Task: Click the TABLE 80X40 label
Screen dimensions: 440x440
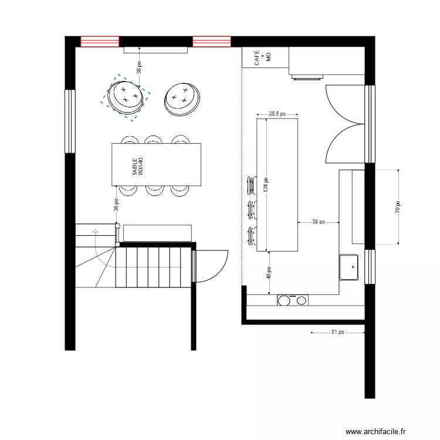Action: (x=137, y=167)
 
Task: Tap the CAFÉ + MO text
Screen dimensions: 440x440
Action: (x=262, y=57)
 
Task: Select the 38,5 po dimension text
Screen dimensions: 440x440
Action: (x=277, y=114)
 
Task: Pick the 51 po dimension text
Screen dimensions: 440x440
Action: (x=337, y=332)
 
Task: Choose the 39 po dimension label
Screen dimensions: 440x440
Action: (x=319, y=222)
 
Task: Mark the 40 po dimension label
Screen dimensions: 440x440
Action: (x=269, y=272)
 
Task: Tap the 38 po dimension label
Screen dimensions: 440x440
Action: (x=140, y=67)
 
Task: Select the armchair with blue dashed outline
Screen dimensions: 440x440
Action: (x=126, y=97)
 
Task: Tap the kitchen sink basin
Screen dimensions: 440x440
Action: (x=350, y=267)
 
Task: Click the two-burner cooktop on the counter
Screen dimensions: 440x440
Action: (x=292, y=300)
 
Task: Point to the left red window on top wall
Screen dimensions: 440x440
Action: (x=100, y=42)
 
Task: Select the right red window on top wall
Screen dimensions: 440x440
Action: (x=212, y=42)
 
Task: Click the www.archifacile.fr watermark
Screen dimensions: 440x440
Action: (x=375, y=432)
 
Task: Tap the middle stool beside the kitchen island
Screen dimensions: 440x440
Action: (x=252, y=208)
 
